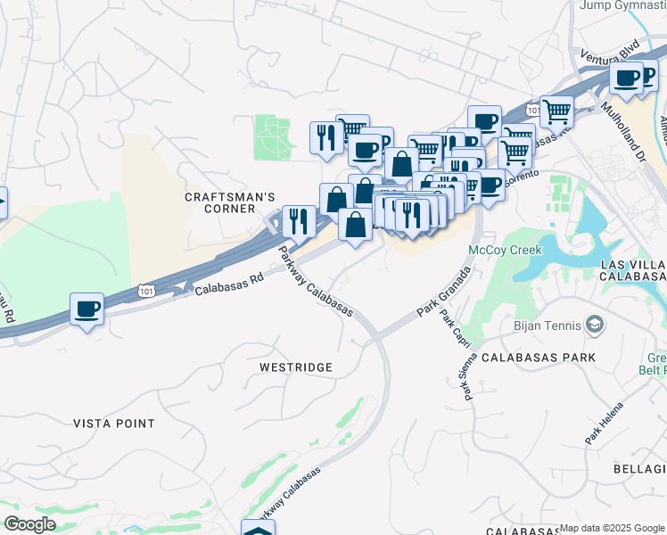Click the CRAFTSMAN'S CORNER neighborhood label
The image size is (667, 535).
pos(229,203)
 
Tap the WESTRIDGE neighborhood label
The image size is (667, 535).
pos(295,367)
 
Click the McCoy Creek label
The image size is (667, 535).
pos(505,251)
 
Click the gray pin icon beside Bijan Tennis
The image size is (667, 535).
pos(594,326)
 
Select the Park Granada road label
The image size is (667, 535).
pos(442,291)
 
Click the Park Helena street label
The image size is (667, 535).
pos(605,426)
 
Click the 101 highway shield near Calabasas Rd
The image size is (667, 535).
pos(147,290)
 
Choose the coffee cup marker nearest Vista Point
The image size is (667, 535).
pos(86,309)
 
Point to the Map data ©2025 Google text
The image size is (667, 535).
pos(612,529)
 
